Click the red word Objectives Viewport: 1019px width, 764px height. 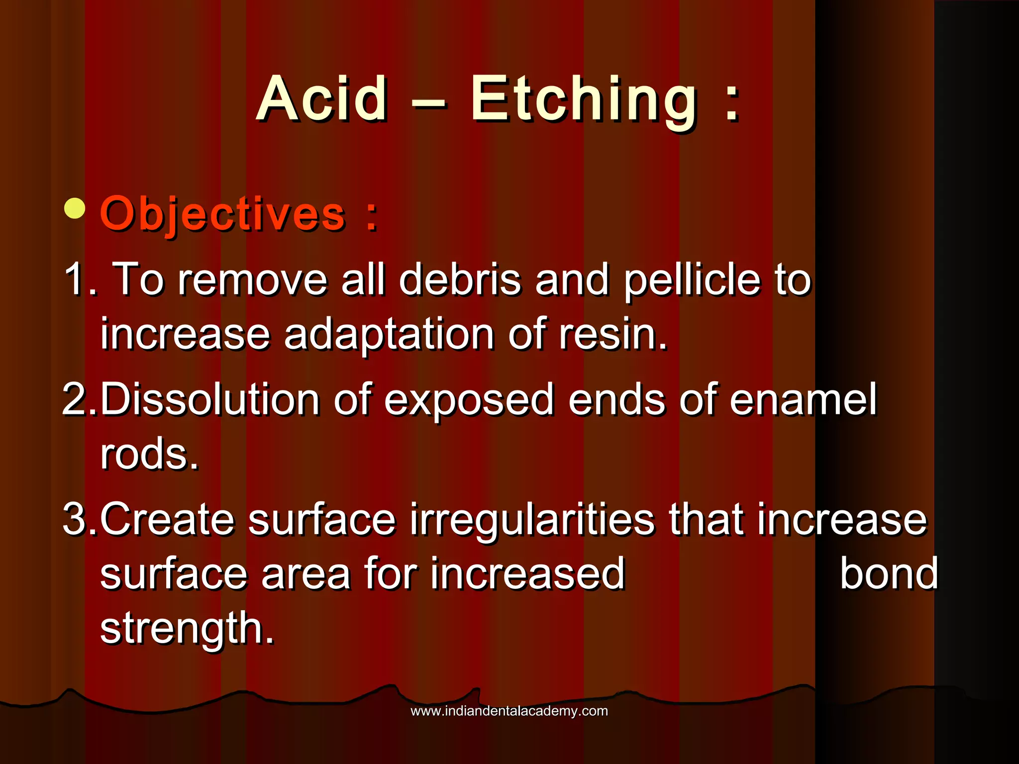pyautogui.click(x=222, y=214)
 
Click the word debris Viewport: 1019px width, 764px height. pyautogui.click(x=460, y=280)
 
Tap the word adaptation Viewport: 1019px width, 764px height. pyautogui.click(x=389, y=334)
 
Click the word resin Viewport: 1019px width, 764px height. pyautogui.click(x=612, y=334)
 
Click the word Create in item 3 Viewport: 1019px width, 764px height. pyautogui.click(x=167, y=519)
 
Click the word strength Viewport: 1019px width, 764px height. pyautogui.click(x=187, y=629)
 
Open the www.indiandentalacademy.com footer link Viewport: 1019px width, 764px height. pyautogui.click(x=509, y=711)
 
